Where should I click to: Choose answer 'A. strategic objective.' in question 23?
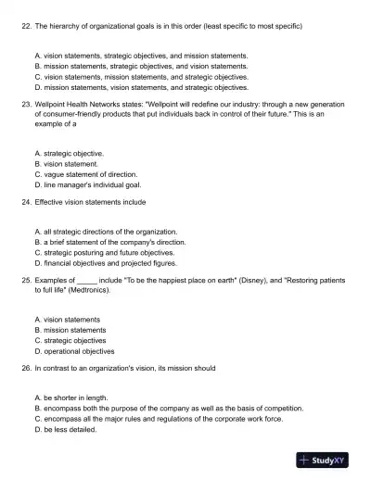[x=69, y=152]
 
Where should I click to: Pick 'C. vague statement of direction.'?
[x=85, y=174]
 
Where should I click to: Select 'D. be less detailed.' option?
[x=66, y=430]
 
